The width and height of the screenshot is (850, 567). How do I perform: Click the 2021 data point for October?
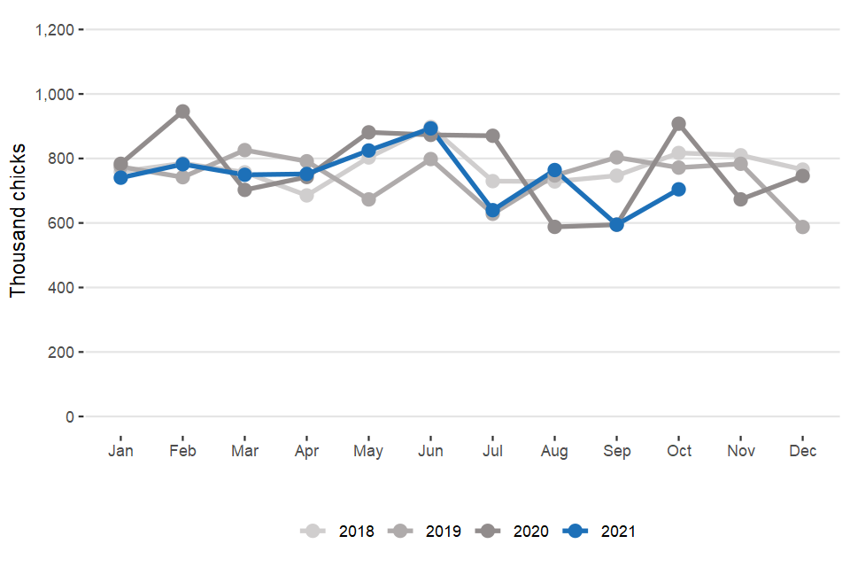tap(678, 189)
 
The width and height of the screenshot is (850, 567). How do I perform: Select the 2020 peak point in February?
tap(182, 112)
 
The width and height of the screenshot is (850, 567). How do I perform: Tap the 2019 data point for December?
tap(802, 227)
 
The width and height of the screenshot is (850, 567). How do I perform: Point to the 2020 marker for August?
tap(554, 227)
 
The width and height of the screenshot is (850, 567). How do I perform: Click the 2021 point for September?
tap(616, 224)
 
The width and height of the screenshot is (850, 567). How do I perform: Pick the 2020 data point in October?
tap(678, 123)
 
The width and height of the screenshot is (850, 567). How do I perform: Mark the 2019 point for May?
tap(368, 199)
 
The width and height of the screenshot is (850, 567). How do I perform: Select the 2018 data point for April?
tap(306, 195)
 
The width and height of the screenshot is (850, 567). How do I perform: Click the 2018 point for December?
tap(802, 169)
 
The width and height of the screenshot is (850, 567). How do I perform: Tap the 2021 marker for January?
tap(120, 177)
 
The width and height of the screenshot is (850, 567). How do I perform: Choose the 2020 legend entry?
tap(514, 532)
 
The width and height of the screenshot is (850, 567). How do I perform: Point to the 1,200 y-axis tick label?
tap(54, 30)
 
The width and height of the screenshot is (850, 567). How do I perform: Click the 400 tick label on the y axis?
tap(63, 288)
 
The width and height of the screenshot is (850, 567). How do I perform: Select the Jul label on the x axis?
tap(492, 451)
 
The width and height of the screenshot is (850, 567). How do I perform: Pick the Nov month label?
tap(740, 451)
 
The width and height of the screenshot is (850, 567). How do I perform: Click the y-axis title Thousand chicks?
tap(19, 222)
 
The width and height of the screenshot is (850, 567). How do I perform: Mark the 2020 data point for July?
tap(492, 136)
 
